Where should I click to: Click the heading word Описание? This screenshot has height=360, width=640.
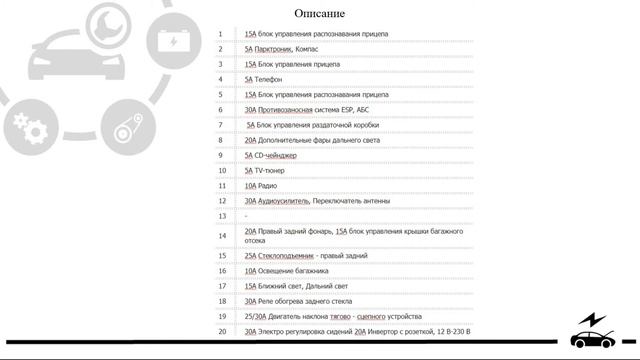pos(320,13)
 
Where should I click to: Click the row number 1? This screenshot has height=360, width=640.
pos(220,34)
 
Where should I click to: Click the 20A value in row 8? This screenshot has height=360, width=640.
pos(251,140)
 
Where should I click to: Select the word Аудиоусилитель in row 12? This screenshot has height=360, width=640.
pos(284,200)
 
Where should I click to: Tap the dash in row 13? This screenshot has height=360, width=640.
pos(246,216)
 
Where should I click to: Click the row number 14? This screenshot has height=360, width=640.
pos(222,236)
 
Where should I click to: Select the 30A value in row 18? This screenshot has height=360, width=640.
pos(251,301)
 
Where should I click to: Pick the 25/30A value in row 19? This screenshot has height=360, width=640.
pos(255,316)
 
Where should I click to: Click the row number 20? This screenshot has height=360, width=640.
pos(222,331)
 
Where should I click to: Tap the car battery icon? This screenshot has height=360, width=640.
pos(173,39)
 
